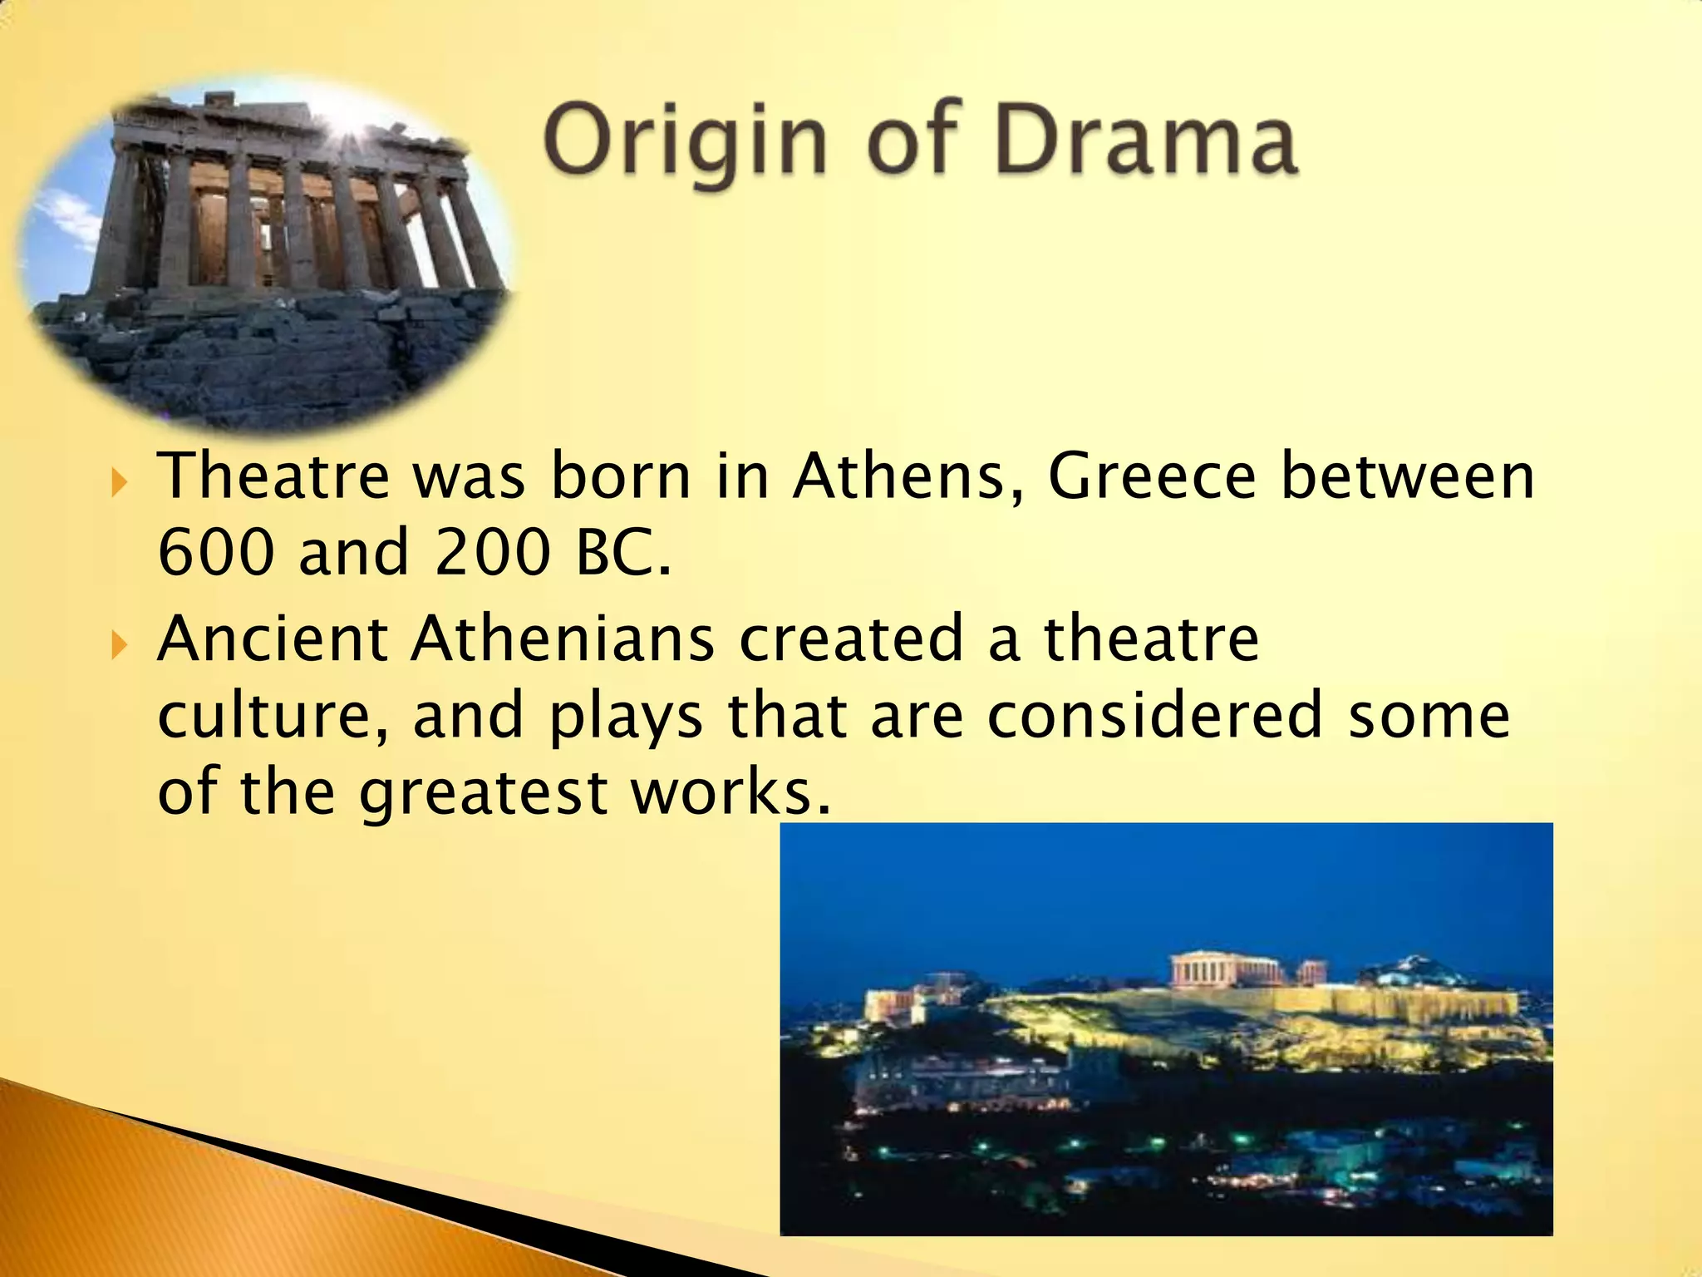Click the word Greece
[1151, 477]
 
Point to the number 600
[215, 553]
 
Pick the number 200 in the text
[492, 553]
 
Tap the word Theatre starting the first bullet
[273, 477]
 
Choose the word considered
[1154, 715]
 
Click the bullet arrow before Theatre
[120, 481]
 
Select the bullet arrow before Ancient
[120, 643]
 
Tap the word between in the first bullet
[1407, 477]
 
